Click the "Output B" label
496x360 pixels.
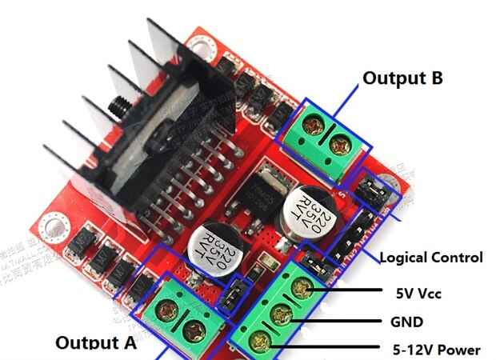pyautogui.click(x=402, y=78)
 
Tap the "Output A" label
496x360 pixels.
pyautogui.click(x=96, y=343)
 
